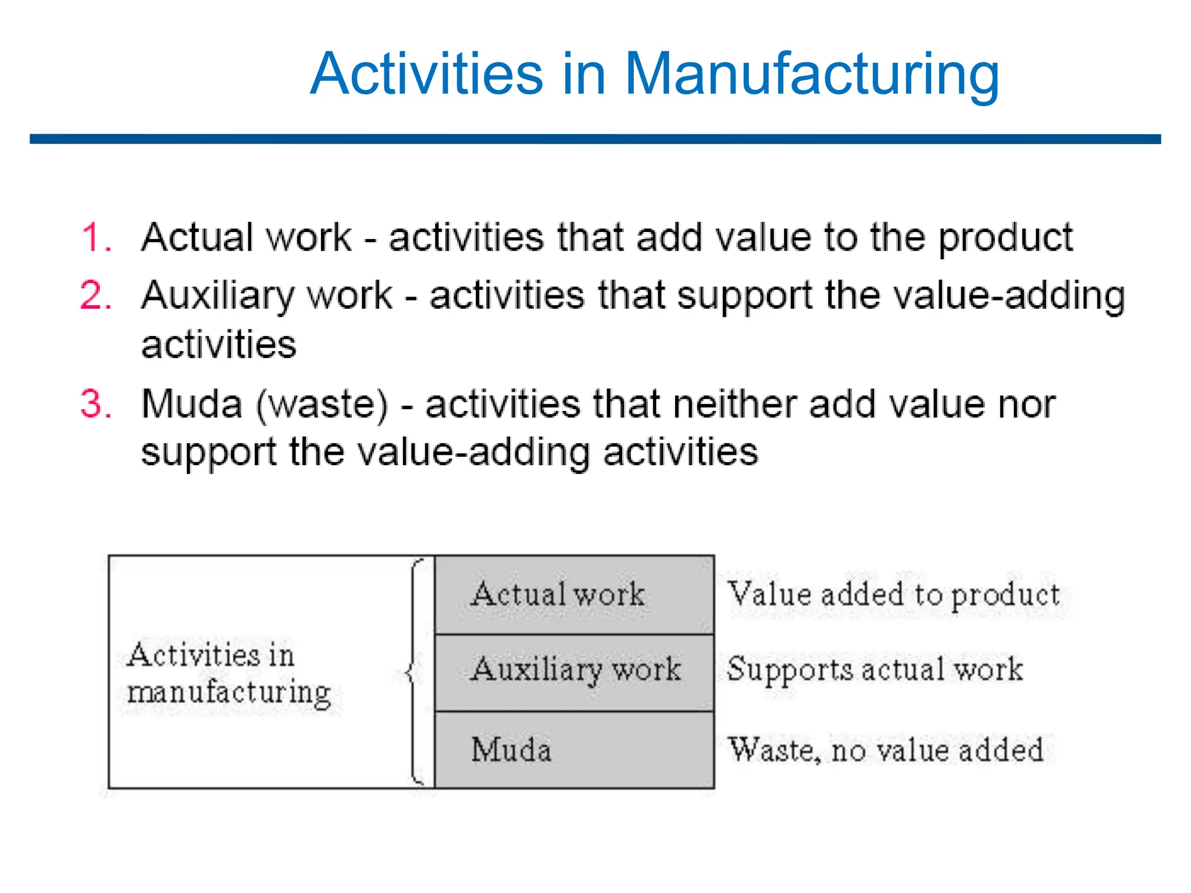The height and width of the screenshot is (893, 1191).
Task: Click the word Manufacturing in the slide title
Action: pyautogui.click(x=811, y=74)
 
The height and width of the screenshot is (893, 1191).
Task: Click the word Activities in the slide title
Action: pyautogui.click(x=426, y=74)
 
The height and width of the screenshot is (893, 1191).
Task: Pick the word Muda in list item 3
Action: pyautogui.click(x=192, y=403)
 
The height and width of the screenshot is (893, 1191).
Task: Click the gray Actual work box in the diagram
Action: pyautogui.click(x=574, y=595)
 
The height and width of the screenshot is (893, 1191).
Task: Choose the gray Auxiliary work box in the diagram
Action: pyautogui.click(x=574, y=671)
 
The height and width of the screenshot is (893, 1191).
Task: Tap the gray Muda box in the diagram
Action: pyautogui.click(x=574, y=749)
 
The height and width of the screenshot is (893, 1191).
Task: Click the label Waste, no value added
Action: pyautogui.click(x=886, y=750)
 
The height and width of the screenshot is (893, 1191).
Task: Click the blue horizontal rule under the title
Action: pyautogui.click(x=595, y=140)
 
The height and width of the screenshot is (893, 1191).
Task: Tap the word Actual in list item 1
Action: pyautogui.click(x=197, y=238)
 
